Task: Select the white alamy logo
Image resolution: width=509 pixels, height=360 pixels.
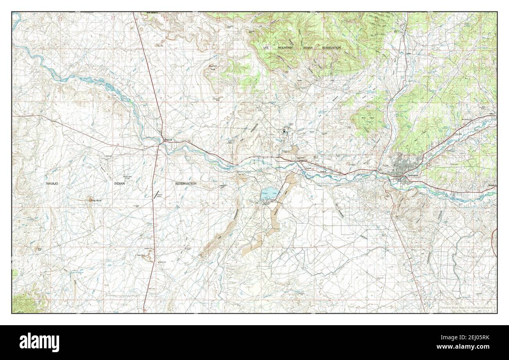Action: tap(36, 342)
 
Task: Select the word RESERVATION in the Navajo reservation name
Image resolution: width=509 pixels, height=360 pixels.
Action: tap(186, 183)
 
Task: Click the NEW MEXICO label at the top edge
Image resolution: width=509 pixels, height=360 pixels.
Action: tap(154, 13)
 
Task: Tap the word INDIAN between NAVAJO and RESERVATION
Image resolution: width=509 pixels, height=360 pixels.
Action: tap(119, 183)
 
